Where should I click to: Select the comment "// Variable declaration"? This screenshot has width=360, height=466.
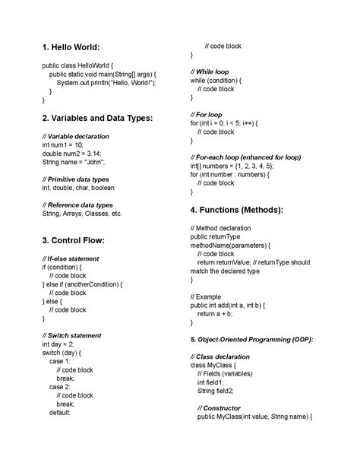76,136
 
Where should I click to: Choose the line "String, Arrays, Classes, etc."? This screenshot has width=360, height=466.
81,214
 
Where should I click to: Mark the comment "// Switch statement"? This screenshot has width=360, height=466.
72,335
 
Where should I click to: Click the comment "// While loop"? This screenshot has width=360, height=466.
209,71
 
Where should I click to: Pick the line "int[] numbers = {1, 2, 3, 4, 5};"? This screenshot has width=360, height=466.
232,166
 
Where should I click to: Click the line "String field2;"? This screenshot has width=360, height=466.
217,391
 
